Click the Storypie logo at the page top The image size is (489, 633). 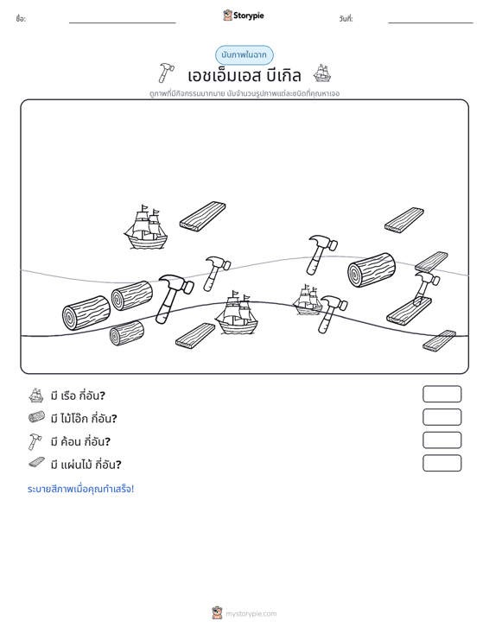tap(243, 16)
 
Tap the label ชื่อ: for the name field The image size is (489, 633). tap(21, 19)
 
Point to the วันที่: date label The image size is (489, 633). tap(346, 19)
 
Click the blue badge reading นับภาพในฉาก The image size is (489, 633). tap(244, 55)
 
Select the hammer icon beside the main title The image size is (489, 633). tap(166, 73)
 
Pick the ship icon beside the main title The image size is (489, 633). tap(322, 73)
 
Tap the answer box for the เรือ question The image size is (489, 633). tap(441, 394)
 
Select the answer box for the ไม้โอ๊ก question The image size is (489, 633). tap(441, 417)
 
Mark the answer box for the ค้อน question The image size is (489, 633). tap(441, 440)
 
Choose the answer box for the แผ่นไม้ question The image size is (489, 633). tap(441, 463)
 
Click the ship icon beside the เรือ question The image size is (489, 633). tap(36, 396)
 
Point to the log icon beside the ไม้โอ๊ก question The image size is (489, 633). tap(36, 417)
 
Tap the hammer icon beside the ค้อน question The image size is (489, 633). tap(35, 441)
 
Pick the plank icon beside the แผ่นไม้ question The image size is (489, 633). tap(37, 463)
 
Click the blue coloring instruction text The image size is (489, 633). tap(80, 489)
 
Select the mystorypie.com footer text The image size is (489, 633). tap(251, 614)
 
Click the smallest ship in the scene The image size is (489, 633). tap(308, 300)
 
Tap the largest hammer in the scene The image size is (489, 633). tap(174, 298)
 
